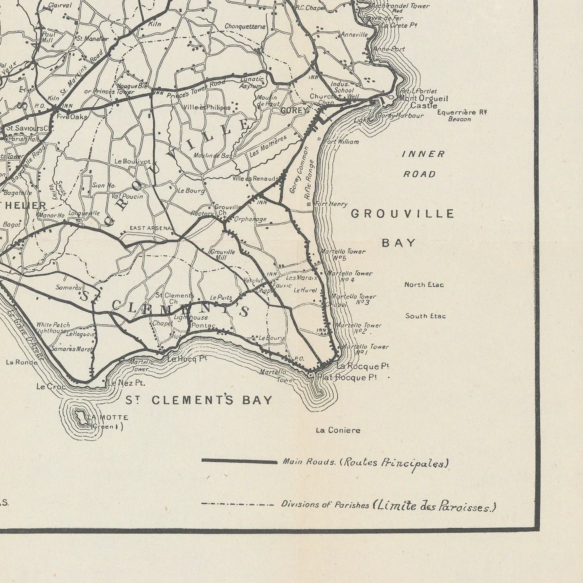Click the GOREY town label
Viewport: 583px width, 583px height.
coord(294,110)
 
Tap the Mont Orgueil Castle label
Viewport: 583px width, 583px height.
coord(423,102)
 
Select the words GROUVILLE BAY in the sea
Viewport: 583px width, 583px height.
coord(402,228)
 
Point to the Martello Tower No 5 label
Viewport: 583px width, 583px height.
coord(343,255)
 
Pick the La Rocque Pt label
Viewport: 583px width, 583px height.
coord(362,366)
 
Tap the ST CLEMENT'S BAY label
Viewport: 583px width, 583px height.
coord(199,400)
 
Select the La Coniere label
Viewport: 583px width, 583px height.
coord(338,430)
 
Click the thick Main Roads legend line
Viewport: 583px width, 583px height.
coord(239,462)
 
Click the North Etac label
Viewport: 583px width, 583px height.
coord(424,285)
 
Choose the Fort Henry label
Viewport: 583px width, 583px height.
coord(330,205)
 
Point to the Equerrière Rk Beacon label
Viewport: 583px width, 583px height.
coord(462,115)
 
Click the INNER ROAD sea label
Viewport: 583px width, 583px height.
coord(423,164)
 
